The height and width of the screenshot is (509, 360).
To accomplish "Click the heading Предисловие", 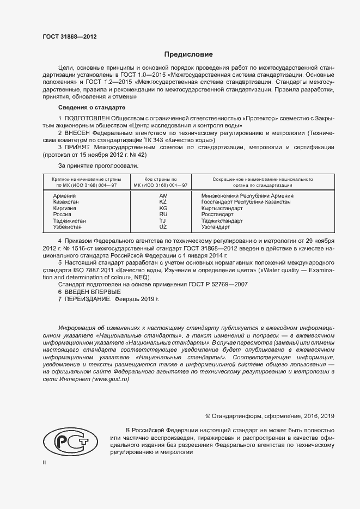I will click(189, 54).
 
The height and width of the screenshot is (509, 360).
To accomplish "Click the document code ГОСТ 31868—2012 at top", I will click(70, 37).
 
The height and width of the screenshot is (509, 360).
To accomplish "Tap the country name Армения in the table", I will click(64, 195).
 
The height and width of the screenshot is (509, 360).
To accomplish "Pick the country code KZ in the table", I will click(163, 202).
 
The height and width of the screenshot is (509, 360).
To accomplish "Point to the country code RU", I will click(163, 215).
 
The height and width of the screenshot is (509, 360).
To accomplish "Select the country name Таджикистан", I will click(69, 222).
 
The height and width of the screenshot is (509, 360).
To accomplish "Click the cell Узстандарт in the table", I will click(216, 228).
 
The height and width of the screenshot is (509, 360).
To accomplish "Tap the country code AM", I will click(163, 195).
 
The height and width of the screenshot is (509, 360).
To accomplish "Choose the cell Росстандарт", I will click(217, 215).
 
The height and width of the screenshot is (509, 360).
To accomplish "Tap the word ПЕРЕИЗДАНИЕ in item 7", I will click(88, 299).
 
